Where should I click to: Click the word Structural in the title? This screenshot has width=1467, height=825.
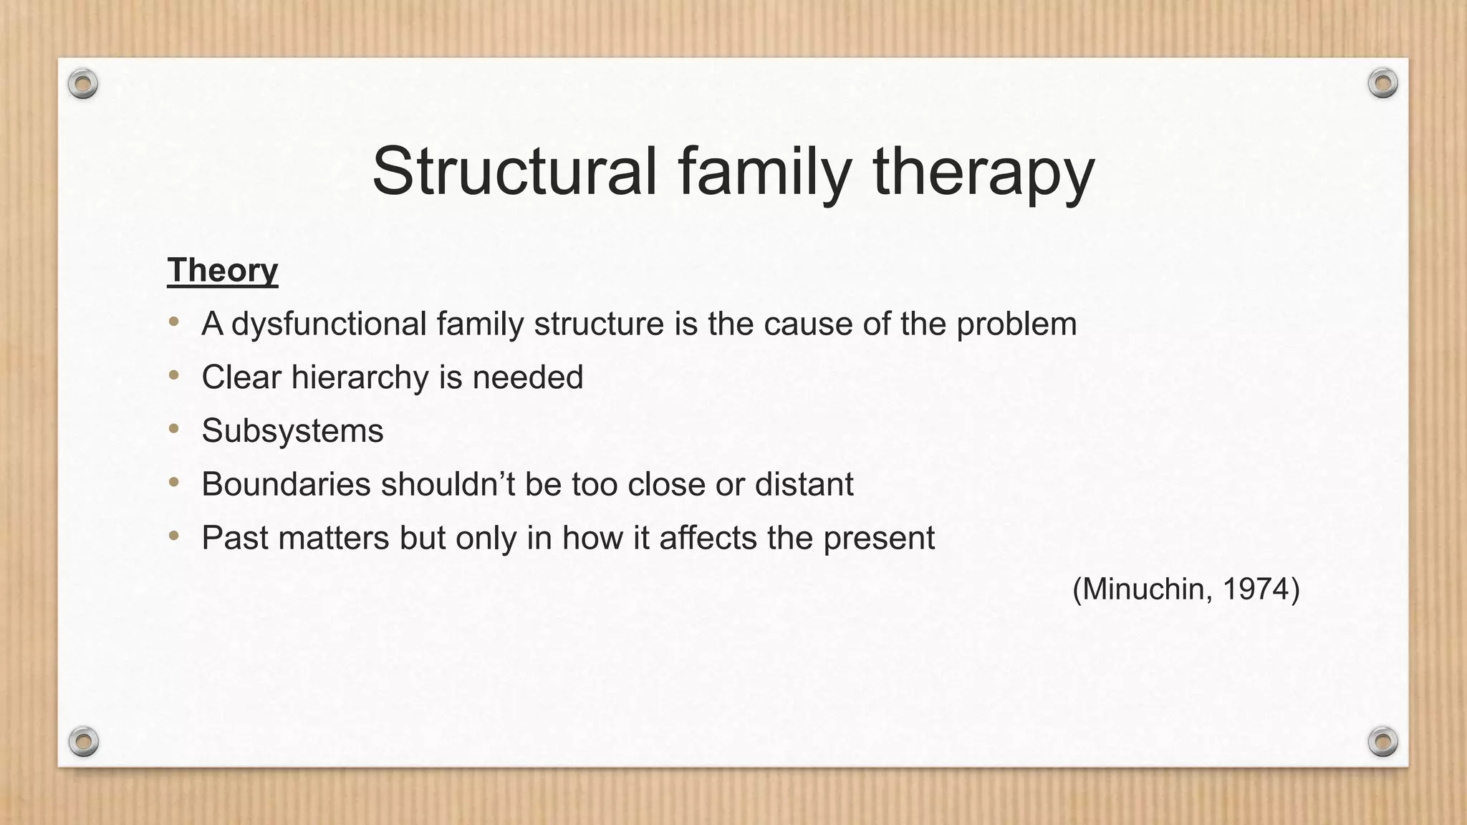pyautogui.click(x=514, y=172)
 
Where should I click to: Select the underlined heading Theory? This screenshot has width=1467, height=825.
pyautogui.click(x=223, y=271)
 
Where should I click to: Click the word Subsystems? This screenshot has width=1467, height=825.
pyautogui.click(x=292, y=431)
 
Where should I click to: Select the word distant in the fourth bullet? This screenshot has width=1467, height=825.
pyautogui.click(x=804, y=485)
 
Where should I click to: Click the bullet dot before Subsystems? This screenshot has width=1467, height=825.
pyautogui.click(x=174, y=429)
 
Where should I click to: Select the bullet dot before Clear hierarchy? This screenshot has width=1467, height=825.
pyautogui.click(x=174, y=375)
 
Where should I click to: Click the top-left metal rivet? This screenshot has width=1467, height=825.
pyautogui.click(x=83, y=85)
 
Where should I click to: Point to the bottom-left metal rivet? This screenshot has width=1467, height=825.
pyautogui.click(x=83, y=741)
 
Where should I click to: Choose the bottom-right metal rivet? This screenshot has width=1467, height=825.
pyautogui.click(x=1382, y=741)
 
